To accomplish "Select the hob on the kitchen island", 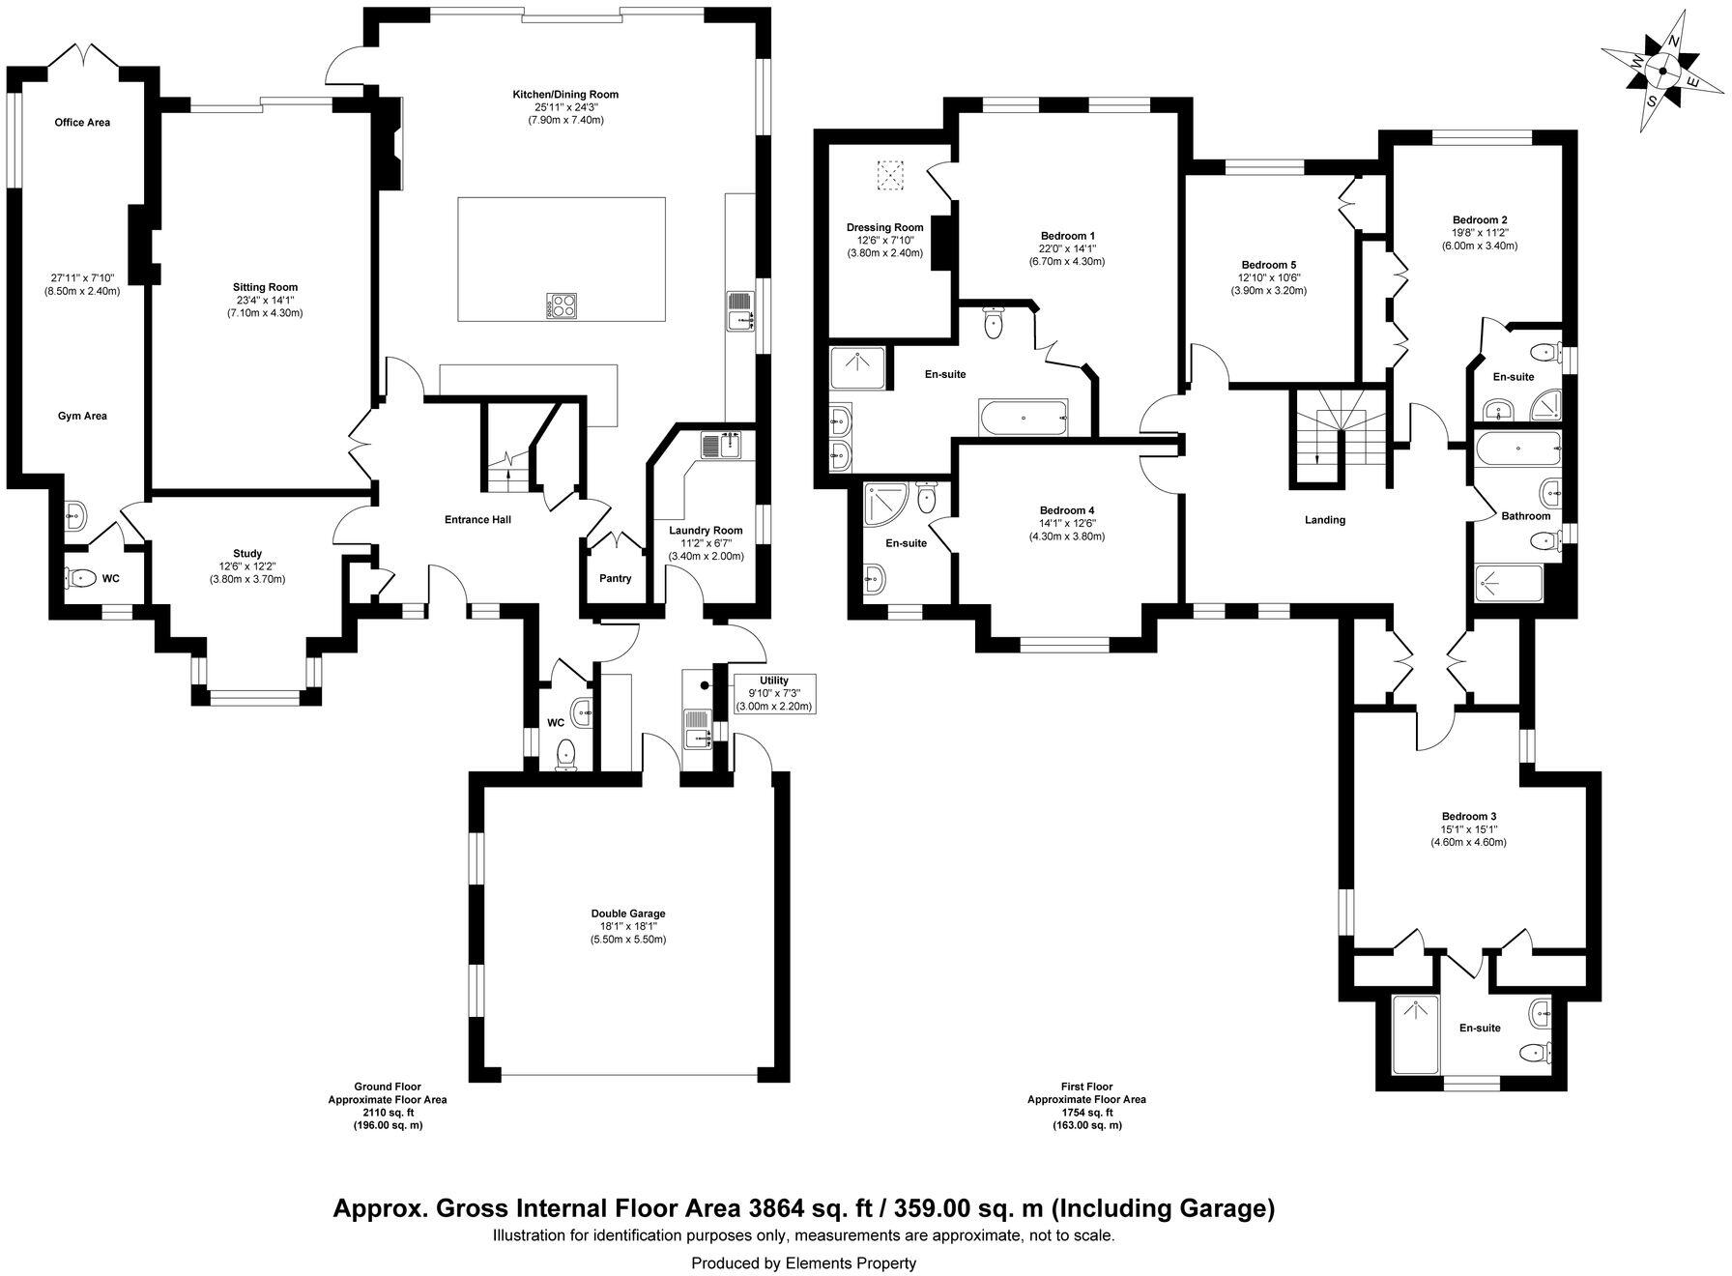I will (563, 306).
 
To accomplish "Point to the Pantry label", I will (615, 579).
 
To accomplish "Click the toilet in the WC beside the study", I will (80, 579).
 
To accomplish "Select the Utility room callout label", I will (774, 693).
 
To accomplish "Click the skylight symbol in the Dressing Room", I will (888, 175).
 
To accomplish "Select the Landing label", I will (1324, 520).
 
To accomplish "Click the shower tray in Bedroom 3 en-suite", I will (1415, 1036).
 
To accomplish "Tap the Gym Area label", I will (82, 416).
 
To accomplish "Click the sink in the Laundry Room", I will (721, 445).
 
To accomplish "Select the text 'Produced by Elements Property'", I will (803, 1262).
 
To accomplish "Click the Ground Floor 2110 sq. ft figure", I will (387, 1113).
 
